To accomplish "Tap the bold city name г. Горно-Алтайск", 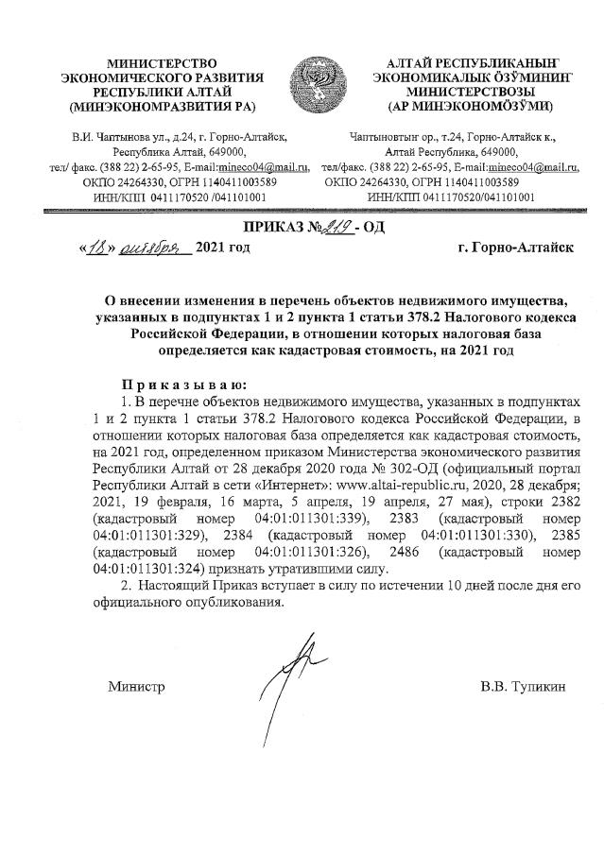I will click(x=502, y=249).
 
